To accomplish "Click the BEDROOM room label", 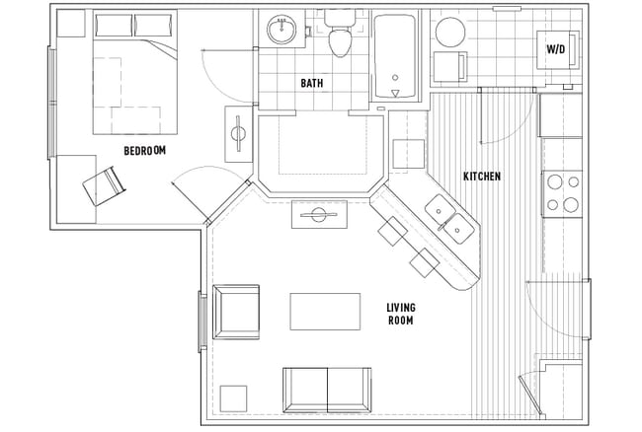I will [x=144, y=151].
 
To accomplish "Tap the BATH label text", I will [x=312, y=84].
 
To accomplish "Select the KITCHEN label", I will [x=482, y=177].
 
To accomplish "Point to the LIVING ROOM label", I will [x=400, y=315].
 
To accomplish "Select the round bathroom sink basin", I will [x=283, y=29].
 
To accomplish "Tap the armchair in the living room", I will [x=235, y=313].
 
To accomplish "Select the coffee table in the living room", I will [x=325, y=311].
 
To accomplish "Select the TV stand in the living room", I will [x=318, y=214].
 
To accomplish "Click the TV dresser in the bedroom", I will [x=239, y=135].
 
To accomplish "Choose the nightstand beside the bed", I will [x=70, y=25].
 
